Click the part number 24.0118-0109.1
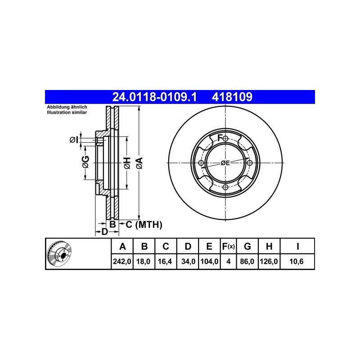click(154, 97)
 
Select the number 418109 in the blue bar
click(232, 97)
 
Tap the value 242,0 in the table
click(122, 261)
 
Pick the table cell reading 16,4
click(165, 261)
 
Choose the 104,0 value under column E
click(209, 261)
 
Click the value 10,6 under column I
click(297, 261)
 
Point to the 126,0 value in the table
click(269, 261)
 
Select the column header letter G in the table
click(247, 246)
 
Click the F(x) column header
click(228, 246)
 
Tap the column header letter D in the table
click(188, 246)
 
